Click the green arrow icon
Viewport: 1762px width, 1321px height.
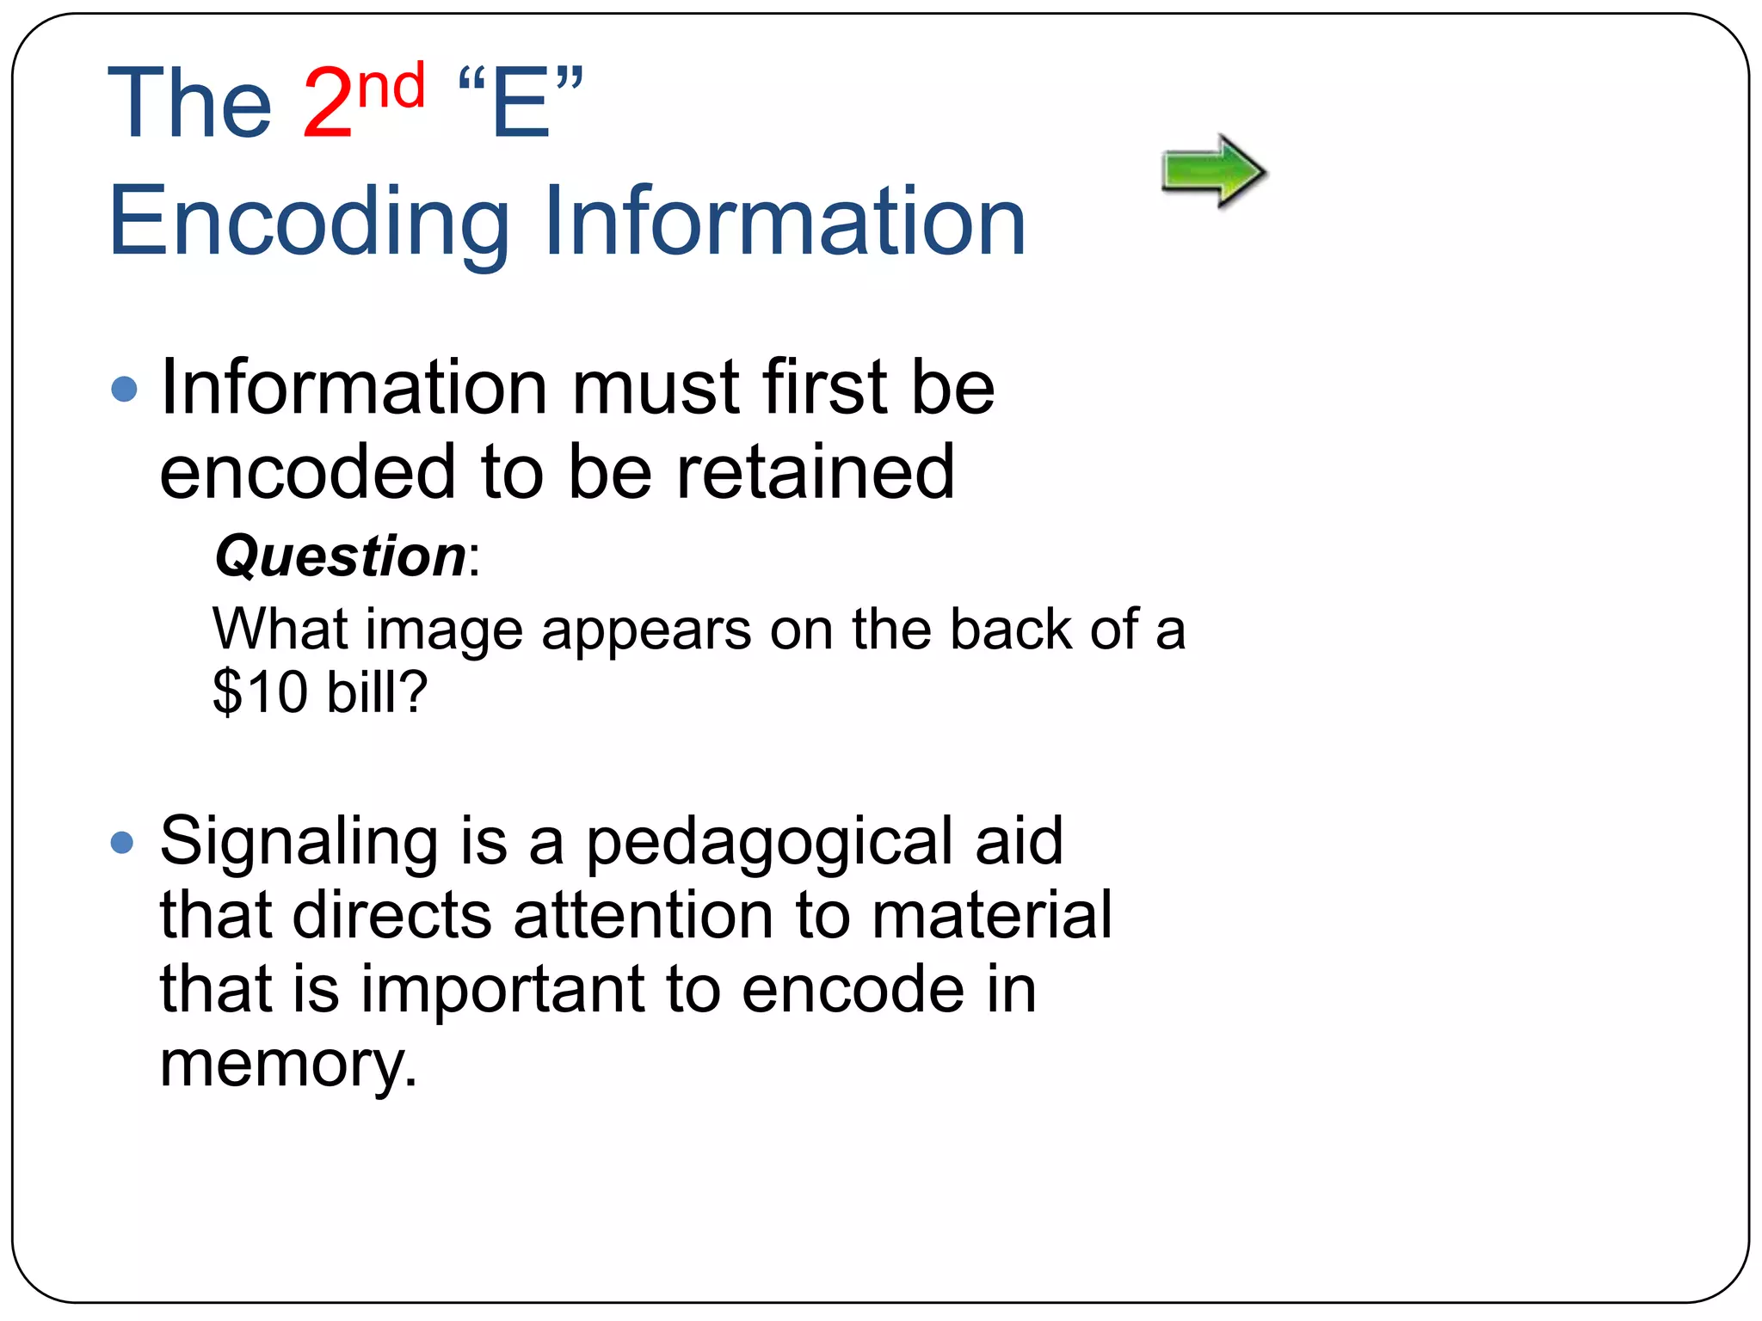1212,171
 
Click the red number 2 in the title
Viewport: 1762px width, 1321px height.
328,103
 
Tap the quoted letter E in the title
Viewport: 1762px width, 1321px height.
521,103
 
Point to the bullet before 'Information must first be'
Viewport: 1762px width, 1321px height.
125,389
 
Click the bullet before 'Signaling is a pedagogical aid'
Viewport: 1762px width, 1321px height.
123,841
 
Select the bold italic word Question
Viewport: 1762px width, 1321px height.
341,556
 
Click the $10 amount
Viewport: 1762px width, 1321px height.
260,691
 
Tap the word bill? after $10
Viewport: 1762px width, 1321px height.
377,691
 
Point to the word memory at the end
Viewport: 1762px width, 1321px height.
287,1065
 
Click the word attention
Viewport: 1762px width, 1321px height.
644,914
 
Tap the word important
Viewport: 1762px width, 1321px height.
502,989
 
